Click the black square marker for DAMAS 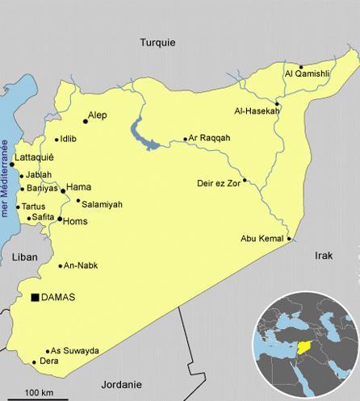[35, 299]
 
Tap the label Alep [98, 115]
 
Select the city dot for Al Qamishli [301, 67]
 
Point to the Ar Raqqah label [209, 138]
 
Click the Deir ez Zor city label [218, 182]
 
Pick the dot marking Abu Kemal [289, 238]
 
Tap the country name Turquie [157, 43]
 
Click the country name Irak [324, 254]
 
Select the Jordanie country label [122, 384]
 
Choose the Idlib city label [69, 139]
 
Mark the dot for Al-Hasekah [276, 104]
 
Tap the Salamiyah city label [103, 204]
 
